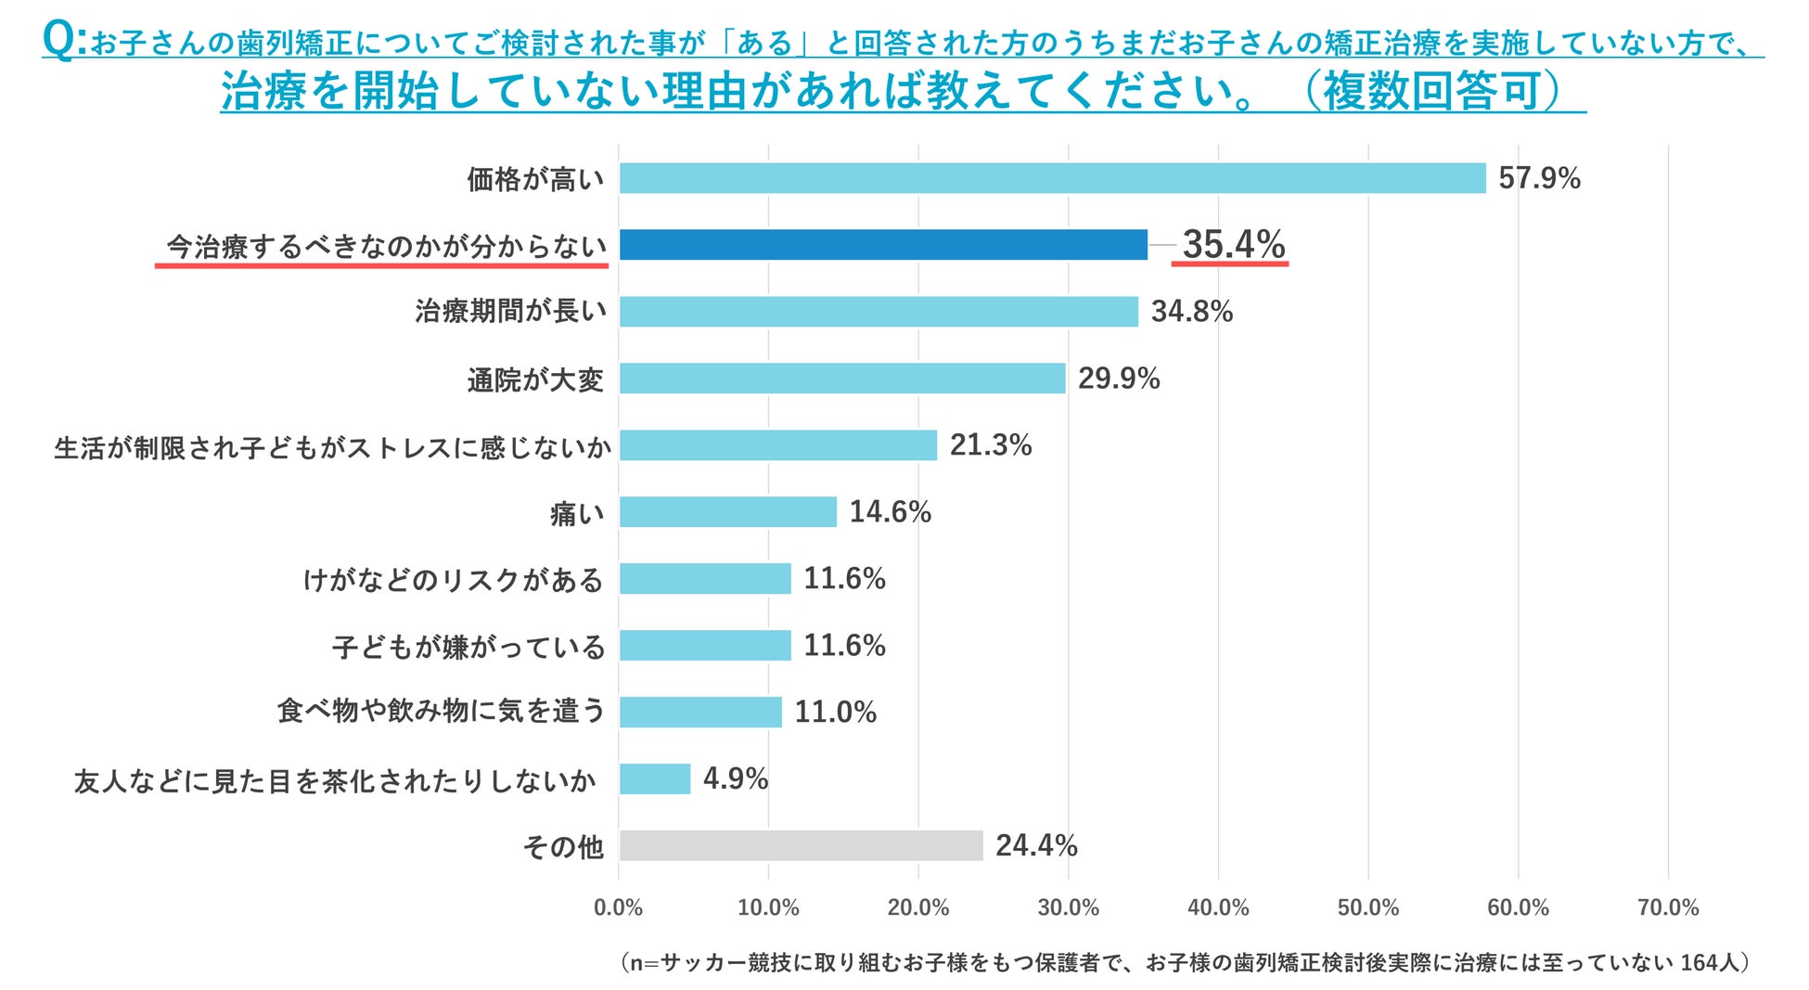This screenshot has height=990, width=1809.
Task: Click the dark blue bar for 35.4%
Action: tap(882, 245)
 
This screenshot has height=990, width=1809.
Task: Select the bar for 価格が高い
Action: tap(1052, 178)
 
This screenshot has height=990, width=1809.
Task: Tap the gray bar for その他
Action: tap(801, 845)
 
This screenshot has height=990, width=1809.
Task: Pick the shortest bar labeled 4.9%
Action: tap(655, 778)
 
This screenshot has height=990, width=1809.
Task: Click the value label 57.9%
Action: tap(1539, 178)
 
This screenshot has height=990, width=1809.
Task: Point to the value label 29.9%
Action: tap(1118, 379)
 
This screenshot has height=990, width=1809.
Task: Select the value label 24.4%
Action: tap(1036, 845)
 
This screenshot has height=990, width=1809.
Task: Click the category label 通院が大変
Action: tap(535, 379)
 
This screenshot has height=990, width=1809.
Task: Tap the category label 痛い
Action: tap(576, 513)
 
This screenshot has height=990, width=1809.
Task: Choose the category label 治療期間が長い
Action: tap(510, 312)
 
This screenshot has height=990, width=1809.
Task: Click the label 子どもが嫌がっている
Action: tap(468, 647)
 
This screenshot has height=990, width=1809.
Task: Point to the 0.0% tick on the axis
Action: tap(619, 907)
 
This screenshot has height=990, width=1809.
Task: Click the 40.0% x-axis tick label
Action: tap(1218, 907)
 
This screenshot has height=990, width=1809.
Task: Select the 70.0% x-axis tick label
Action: tap(1668, 907)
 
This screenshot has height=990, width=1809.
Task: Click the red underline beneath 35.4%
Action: tap(1230, 264)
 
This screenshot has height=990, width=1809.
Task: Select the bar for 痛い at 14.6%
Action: tap(727, 512)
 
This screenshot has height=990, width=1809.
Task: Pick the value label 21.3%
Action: tap(990, 445)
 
